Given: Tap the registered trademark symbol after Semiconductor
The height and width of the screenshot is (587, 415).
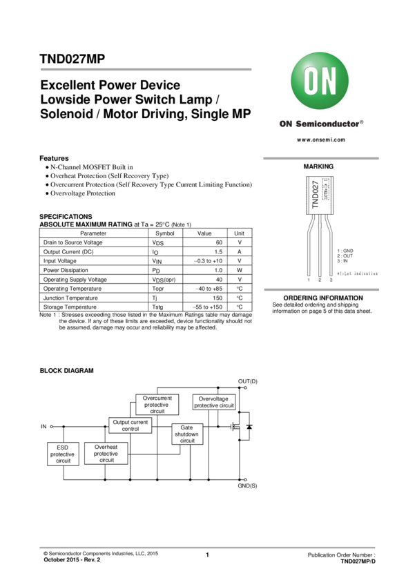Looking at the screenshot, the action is pyautogui.click(x=362, y=122).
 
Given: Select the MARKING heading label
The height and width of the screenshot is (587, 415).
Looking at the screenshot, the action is pyautogui.click(x=318, y=167).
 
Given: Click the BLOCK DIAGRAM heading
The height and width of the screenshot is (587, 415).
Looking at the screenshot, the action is pyautogui.click(x=66, y=371).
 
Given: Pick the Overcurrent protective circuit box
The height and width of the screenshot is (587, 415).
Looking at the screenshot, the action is pyautogui.click(x=157, y=405).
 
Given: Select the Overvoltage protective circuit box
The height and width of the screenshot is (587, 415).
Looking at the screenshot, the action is pyautogui.click(x=214, y=402).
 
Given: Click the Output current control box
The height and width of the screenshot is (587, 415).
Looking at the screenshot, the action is pyautogui.click(x=131, y=425).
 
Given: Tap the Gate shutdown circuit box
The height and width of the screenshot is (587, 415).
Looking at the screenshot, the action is pyautogui.click(x=187, y=434).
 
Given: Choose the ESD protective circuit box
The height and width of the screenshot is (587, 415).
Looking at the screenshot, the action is pyautogui.click(x=63, y=454).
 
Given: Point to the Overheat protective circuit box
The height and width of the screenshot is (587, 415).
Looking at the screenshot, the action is pyautogui.click(x=106, y=453).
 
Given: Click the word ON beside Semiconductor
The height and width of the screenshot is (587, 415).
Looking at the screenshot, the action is pyautogui.click(x=286, y=125).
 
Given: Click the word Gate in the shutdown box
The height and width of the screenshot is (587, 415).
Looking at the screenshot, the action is pyautogui.click(x=187, y=427).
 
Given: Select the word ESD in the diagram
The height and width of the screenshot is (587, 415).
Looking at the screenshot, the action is pyautogui.click(x=63, y=448).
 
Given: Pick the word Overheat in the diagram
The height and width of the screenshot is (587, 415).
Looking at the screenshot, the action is pyautogui.click(x=106, y=447).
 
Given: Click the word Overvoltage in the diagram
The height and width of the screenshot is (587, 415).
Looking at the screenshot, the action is pyautogui.click(x=214, y=398).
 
